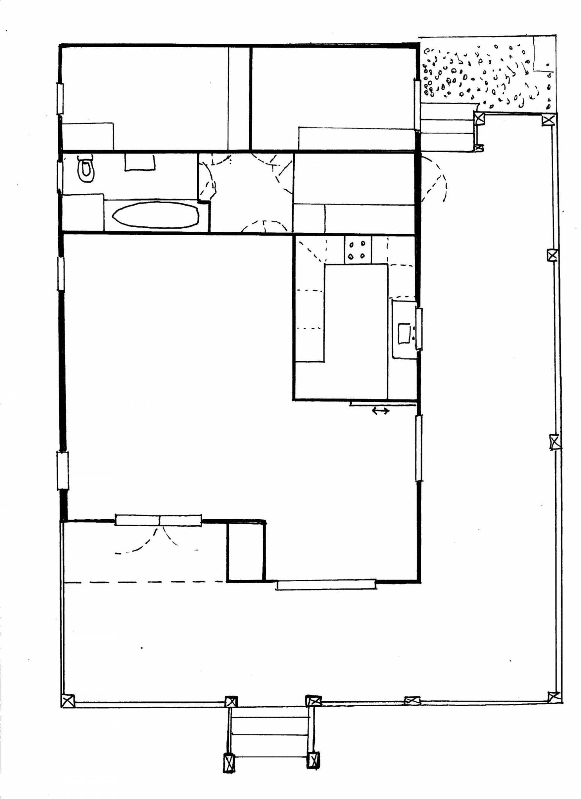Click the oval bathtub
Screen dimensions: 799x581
[155, 215]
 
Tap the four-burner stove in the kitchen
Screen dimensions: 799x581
[357, 250]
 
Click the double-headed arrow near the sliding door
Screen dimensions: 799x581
[380, 410]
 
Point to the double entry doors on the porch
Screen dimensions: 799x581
[158, 520]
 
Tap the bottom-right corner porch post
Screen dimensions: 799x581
[554, 696]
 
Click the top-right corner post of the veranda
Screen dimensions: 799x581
[548, 119]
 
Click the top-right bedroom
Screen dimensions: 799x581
[332, 90]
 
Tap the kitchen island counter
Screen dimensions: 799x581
[355, 312]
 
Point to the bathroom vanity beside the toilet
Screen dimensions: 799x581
[140, 162]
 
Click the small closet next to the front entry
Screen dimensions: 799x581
[246, 551]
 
